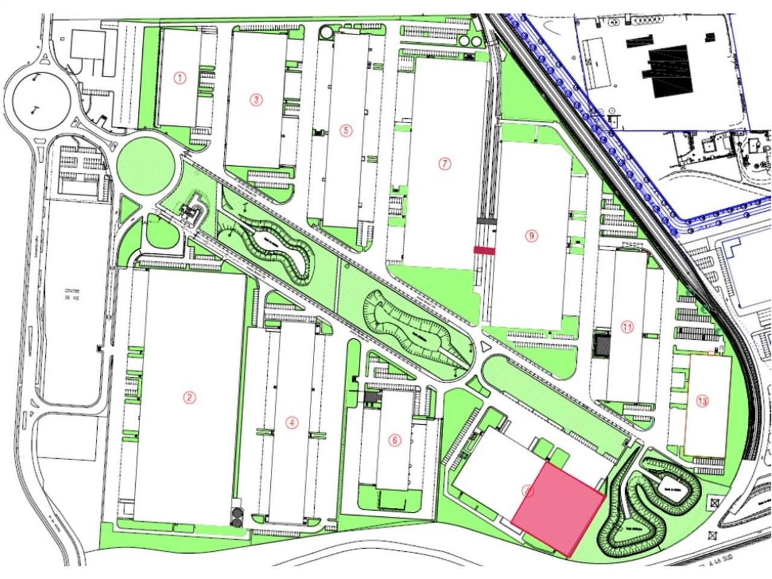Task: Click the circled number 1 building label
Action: coord(179,77)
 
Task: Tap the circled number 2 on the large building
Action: coord(190,397)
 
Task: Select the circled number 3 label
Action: coord(257,100)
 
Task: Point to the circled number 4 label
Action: coord(293,423)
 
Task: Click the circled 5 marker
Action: coord(345,130)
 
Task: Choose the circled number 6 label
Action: coord(395,440)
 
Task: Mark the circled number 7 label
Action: coord(445,163)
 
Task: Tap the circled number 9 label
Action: coord(531,236)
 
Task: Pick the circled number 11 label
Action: coord(627,327)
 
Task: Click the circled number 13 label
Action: coord(701,400)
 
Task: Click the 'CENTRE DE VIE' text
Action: coord(76,295)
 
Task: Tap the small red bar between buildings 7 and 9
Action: coord(484,250)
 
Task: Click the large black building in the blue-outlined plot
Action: coord(669,71)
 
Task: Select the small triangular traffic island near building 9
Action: coord(486,347)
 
